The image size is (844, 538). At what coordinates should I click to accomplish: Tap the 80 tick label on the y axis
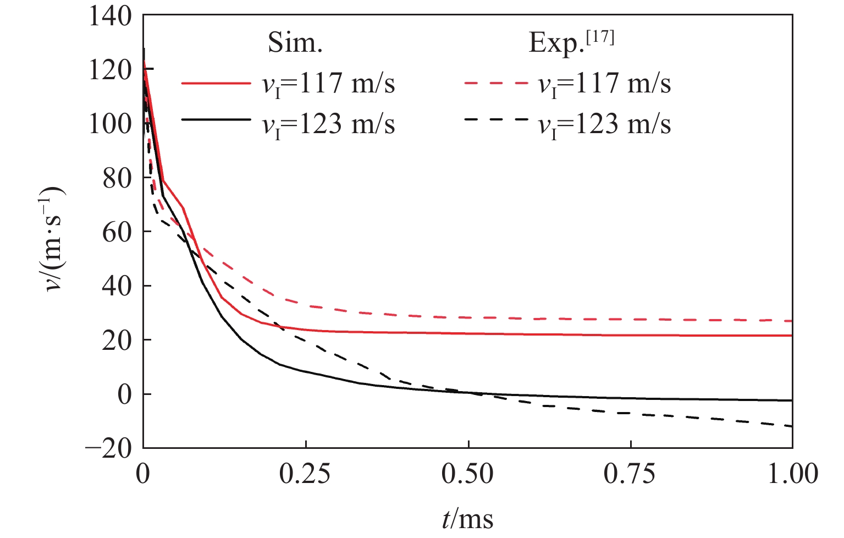117,178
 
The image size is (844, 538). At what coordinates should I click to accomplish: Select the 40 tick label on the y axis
117,286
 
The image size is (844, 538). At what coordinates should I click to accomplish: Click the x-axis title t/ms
467,518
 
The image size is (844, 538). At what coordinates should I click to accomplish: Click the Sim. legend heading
295,43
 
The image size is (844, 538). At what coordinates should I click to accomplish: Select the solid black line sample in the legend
216,118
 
